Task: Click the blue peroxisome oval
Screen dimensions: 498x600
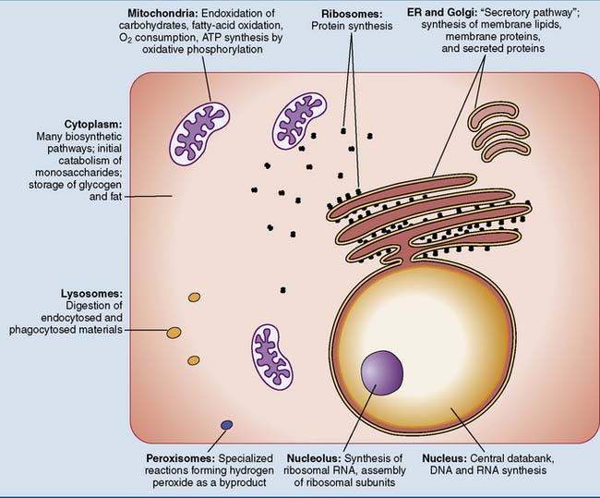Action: tap(225, 425)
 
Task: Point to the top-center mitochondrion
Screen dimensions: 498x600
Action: tap(301, 116)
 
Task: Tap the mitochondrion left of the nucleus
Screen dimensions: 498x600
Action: tap(279, 354)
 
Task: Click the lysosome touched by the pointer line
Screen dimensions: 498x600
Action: tap(173, 331)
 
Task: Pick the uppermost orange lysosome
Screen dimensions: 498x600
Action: tap(195, 298)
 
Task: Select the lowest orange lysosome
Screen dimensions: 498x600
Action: tap(193, 360)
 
